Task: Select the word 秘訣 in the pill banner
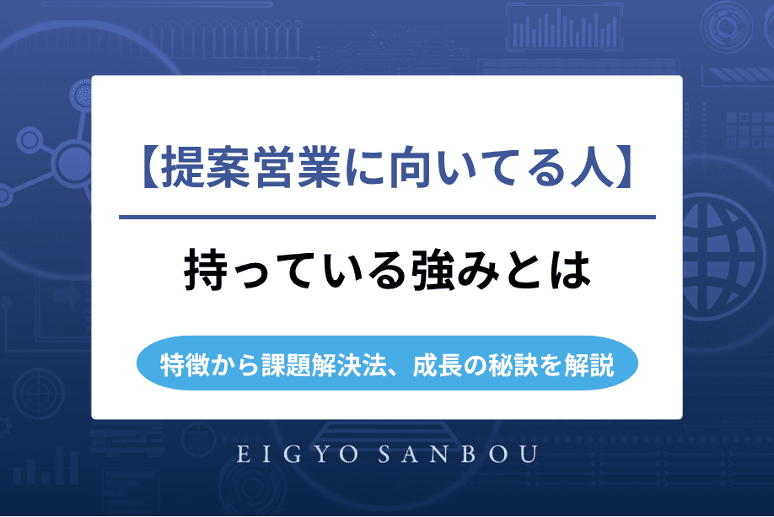tap(516, 366)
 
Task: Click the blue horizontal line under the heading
tap(387, 218)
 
